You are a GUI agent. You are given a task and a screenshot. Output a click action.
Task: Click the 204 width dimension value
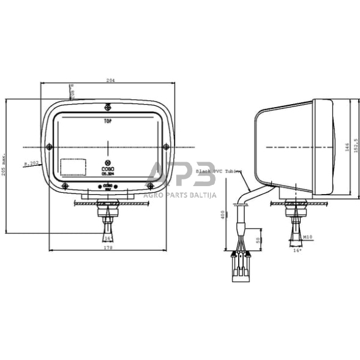(x=110, y=80)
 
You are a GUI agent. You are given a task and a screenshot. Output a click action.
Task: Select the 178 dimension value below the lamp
(x=108, y=248)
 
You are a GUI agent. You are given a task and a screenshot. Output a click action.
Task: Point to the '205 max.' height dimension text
(x=5, y=163)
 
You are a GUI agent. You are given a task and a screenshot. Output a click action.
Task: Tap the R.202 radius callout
(x=31, y=163)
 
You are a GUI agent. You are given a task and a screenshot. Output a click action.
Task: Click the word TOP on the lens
(x=108, y=121)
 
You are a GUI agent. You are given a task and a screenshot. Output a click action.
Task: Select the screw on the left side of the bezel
(x=50, y=145)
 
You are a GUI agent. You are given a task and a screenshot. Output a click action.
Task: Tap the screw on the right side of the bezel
(x=165, y=145)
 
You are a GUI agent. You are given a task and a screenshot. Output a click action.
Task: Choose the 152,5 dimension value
(x=354, y=144)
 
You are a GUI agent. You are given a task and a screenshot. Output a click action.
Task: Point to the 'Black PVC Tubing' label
(x=218, y=172)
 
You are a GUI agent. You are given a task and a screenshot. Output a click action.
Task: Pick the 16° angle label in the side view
(x=298, y=250)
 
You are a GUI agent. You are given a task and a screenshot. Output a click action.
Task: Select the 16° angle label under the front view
(x=108, y=238)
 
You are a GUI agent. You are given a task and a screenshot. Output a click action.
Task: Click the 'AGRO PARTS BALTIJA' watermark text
(x=179, y=195)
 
